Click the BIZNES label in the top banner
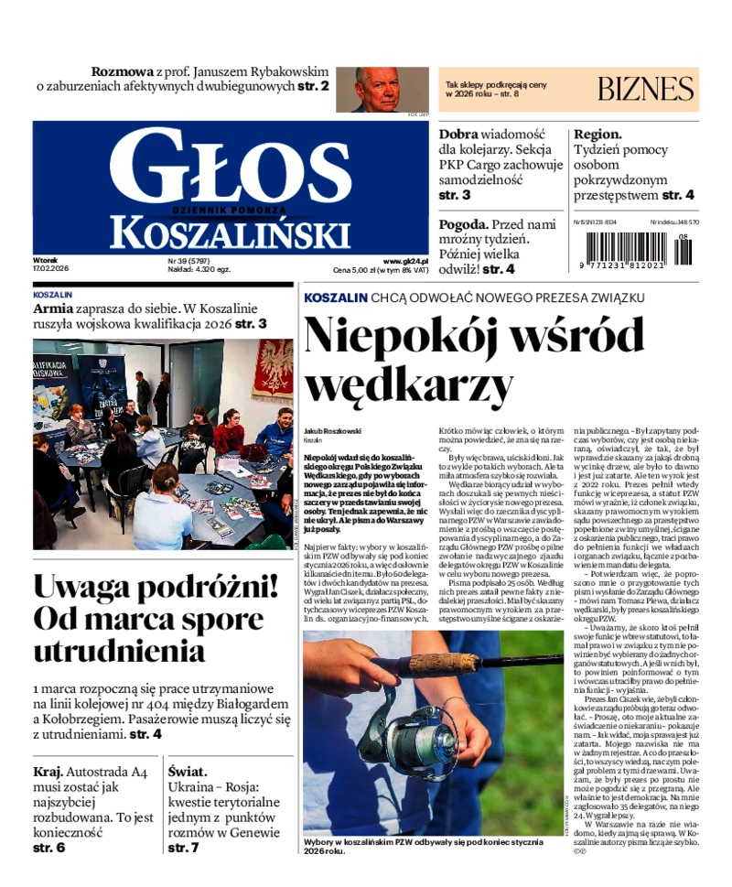646,90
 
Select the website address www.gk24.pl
405,260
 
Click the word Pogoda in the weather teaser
462,224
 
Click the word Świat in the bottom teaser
188,772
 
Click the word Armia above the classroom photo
54,308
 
